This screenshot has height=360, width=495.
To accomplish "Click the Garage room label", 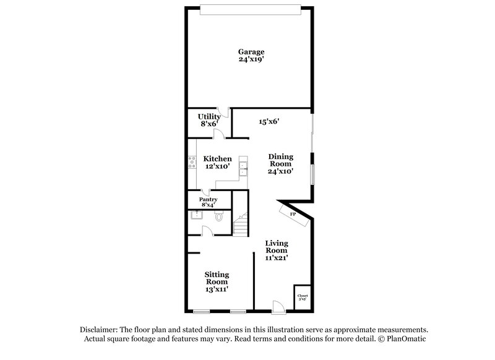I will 252,51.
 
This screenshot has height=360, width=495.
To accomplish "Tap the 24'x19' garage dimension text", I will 252,60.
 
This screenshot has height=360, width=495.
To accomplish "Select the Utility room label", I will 209,116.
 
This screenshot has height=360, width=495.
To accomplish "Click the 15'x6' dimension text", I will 269,122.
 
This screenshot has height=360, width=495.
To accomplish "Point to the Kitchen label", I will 218,159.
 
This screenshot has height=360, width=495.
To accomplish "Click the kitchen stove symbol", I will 192,163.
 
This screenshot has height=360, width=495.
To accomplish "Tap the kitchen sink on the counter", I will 244,166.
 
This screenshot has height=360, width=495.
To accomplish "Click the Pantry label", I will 208,200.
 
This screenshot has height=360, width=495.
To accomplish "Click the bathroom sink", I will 195,216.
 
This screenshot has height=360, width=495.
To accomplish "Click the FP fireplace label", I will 293,214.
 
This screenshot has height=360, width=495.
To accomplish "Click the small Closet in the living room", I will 302,296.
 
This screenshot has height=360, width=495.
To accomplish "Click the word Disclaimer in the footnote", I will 100,330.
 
